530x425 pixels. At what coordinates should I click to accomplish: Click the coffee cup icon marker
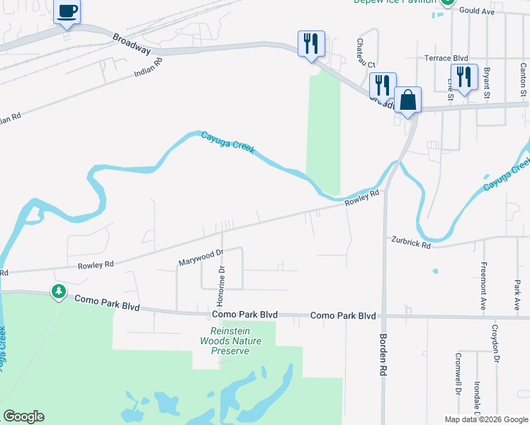[67, 12]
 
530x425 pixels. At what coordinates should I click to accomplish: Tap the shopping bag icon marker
[408, 100]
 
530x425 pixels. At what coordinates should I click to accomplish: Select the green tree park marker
[58, 291]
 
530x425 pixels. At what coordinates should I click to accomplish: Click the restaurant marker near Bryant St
[464, 76]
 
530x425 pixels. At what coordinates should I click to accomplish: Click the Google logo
[23, 416]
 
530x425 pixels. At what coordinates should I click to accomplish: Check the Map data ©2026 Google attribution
[485, 419]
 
